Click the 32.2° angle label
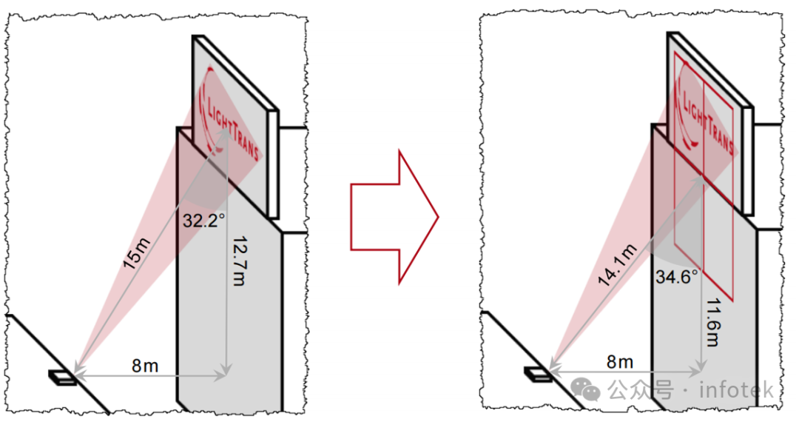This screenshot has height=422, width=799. pyautogui.click(x=205, y=219)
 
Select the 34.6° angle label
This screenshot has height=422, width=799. pyautogui.click(x=677, y=278)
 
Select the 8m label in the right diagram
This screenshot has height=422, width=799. pyautogui.click(x=620, y=361)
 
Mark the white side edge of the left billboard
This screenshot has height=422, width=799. pyautogui.click(x=273, y=163)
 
